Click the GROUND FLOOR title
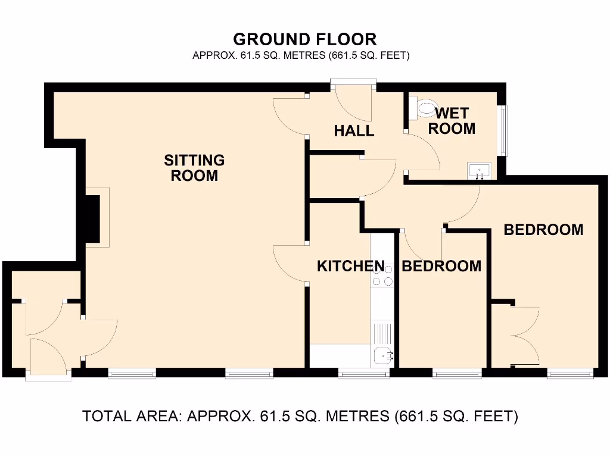(304, 39)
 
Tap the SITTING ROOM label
(194, 168)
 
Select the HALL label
(354, 131)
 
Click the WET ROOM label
(452, 120)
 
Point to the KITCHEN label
(350, 266)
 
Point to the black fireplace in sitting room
(91, 218)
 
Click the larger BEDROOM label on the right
(543, 230)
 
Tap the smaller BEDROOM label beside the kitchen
(441, 266)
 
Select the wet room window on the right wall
(506, 130)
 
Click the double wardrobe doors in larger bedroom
(525, 336)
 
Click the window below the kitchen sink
(364, 374)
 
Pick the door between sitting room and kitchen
(290, 262)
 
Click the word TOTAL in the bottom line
(107, 416)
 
